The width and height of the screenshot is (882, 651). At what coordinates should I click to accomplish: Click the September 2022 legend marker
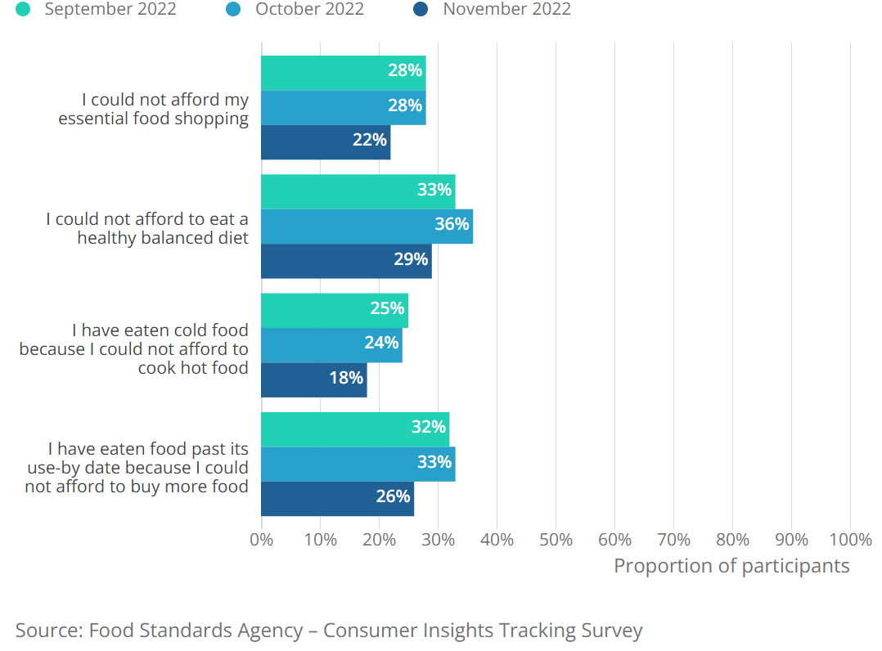(x=23, y=10)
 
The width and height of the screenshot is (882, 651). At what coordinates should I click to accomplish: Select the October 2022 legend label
(x=309, y=10)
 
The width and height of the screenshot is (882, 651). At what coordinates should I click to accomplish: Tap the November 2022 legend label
(x=506, y=10)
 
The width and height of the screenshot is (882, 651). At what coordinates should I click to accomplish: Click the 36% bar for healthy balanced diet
(x=367, y=226)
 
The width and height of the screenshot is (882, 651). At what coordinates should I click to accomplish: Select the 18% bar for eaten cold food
(x=314, y=379)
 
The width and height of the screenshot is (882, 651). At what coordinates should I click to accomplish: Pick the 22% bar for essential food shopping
(x=326, y=141)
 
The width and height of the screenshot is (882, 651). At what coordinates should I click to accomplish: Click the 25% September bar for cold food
(x=335, y=310)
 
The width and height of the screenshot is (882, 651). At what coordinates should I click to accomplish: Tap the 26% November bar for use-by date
(x=337, y=498)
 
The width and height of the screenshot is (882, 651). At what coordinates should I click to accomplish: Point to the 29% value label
(x=411, y=260)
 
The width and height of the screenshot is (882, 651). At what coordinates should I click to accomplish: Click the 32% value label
(x=429, y=428)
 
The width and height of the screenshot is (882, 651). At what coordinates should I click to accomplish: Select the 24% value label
(x=381, y=343)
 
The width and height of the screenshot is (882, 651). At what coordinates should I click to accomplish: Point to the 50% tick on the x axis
(x=556, y=540)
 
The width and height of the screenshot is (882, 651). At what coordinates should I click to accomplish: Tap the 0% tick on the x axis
(x=262, y=540)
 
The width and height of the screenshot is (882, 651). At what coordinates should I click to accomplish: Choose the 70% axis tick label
(x=673, y=540)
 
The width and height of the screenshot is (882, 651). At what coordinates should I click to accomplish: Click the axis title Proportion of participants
(x=731, y=566)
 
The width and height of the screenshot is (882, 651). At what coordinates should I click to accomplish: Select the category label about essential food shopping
(x=154, y=109)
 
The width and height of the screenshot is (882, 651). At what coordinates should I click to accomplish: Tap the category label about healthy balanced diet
(x=147, y=228)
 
